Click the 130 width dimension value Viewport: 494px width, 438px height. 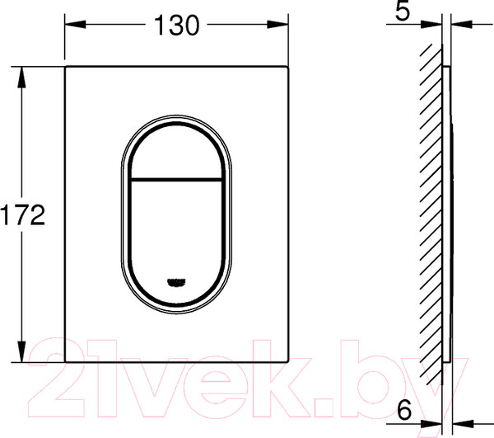(x=177, y=25)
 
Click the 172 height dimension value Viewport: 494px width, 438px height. (x=23, y=215)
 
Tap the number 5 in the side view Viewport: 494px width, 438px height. (x=403, y=11)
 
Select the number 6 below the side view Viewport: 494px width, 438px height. (x=404, y=410)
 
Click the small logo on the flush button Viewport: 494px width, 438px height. (x=176, y=282)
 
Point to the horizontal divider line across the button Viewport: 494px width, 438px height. (x=176, y=180)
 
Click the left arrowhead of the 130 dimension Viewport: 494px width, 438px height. (x=75, y=24)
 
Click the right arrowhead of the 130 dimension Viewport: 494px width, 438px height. (x=278, y=24)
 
